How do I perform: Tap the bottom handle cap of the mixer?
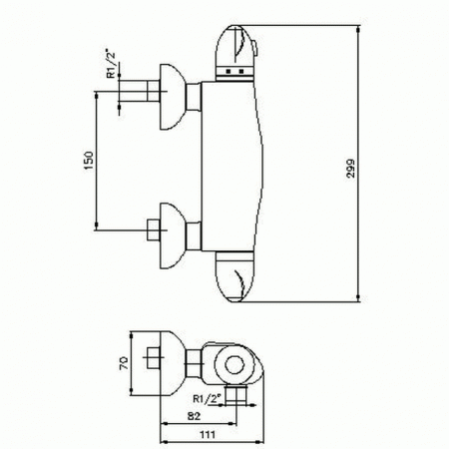(x=239, y=276)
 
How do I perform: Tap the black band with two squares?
(x=236, y=72)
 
